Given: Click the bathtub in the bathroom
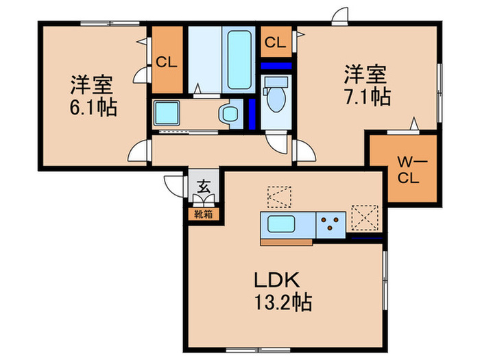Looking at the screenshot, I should pos(238,60).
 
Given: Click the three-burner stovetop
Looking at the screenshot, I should pos(331,224).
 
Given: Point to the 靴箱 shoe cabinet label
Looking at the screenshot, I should pos(204,214).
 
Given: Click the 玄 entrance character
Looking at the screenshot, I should pos(204,185).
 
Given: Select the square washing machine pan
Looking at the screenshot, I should pos(167,112).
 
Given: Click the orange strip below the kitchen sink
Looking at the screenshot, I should pos(286,241).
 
